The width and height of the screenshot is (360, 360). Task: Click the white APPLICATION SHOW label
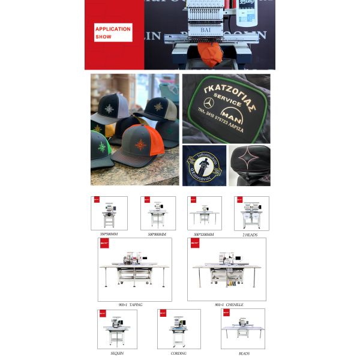tap(112, 32)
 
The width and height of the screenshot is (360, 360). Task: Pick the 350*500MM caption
tap(109, 235)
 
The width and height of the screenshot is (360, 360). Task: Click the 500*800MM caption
tap(157, 235)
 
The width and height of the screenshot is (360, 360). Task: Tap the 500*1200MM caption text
tap(204, 235)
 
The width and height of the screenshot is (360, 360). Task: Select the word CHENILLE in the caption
tap(234, 305)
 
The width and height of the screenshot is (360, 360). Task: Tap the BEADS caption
tap(244, 353)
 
